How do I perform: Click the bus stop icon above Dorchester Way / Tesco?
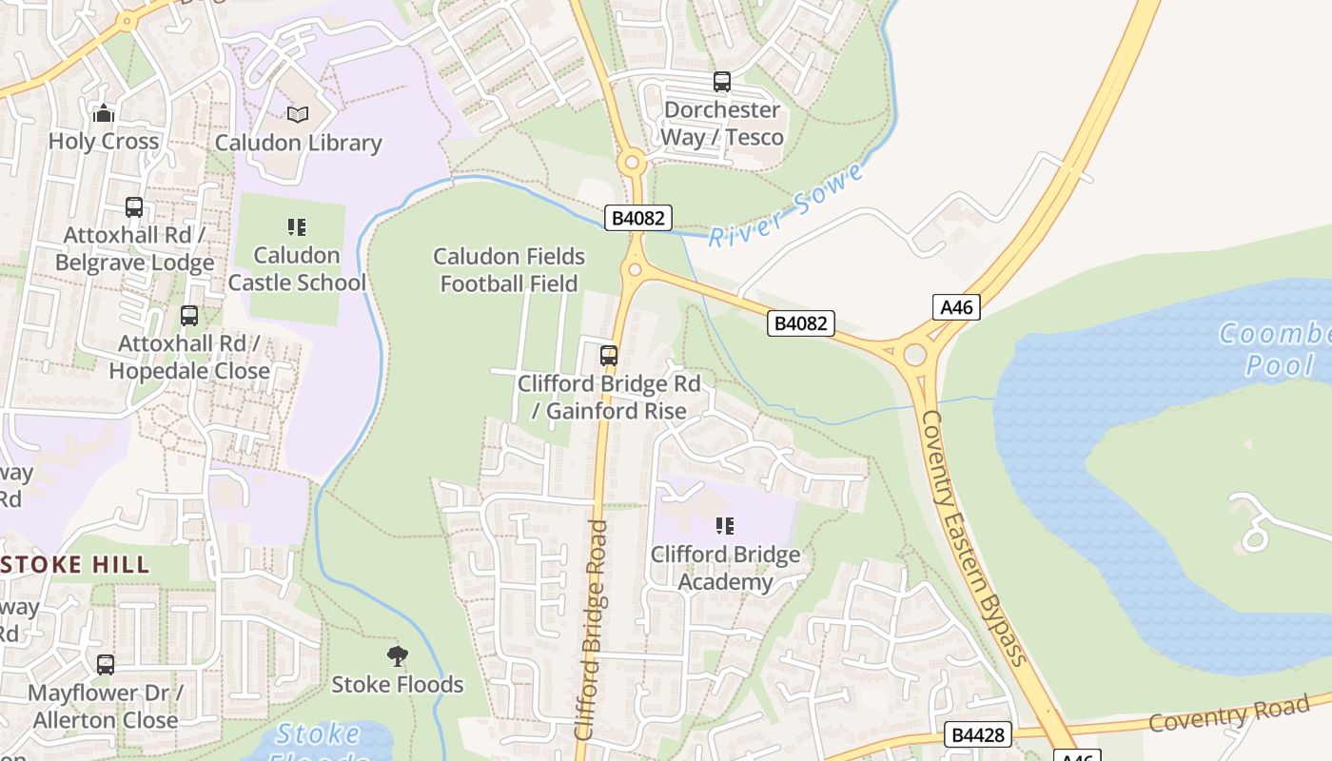[x=722, y=82]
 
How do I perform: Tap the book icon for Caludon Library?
[x=298, y=115]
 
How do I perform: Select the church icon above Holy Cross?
[x=104, y=114]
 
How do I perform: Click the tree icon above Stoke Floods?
[x=398, y=655]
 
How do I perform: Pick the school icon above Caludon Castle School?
[x=297, y=227]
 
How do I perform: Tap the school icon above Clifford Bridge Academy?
[x=725, y=526]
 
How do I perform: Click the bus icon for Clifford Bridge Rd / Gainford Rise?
[x=609, y=356]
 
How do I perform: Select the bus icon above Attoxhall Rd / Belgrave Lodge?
[x=134, y=206]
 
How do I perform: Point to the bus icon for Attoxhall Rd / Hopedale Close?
[x=189, y=315]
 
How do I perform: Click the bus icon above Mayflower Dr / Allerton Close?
[x=106, y=665]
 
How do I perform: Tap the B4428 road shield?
[x=977, y=734]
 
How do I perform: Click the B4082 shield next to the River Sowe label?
[x=638, y=218]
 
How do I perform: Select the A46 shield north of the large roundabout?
[x=956, y=306]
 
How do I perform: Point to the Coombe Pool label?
[x=1273, y=349]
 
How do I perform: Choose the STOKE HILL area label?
[x=76, y=564]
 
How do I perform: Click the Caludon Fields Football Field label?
[x=509, y=270]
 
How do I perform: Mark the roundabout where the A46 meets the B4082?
[x=914, y=355]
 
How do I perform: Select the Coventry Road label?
[x=1228, y=713]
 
